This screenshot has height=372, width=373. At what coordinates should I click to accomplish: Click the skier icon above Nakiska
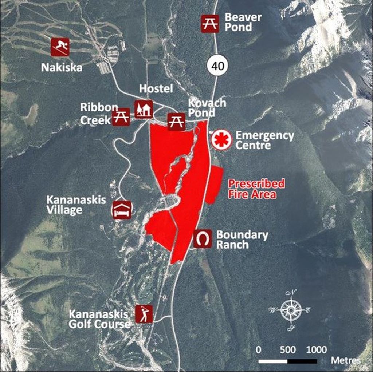(60, 47)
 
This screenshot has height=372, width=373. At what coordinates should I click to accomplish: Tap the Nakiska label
(62, 67)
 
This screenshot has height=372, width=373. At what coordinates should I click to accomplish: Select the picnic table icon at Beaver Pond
(210, 23)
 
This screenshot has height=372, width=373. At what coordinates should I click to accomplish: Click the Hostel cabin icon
(144, 109)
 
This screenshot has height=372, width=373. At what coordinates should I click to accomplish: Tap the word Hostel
(156, 89)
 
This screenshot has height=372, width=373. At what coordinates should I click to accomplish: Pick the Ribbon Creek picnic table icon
(121, 117)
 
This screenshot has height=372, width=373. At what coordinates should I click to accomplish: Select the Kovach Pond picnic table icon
(176, 122)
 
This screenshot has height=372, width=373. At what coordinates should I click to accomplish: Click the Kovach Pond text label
(207, 108)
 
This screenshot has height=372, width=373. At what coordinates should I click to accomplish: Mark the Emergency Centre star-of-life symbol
(221, 140)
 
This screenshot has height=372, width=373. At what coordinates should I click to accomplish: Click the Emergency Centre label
(264, 140)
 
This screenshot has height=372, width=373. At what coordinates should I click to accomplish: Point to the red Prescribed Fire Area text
(256, 188)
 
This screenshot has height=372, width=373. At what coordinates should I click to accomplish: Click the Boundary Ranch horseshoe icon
(203, 239)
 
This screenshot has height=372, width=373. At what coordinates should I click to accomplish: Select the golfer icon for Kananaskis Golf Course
(144, 314)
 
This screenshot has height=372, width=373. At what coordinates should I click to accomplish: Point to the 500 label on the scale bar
(288, 350)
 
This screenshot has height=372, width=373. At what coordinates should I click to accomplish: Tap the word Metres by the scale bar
(346, 360)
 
